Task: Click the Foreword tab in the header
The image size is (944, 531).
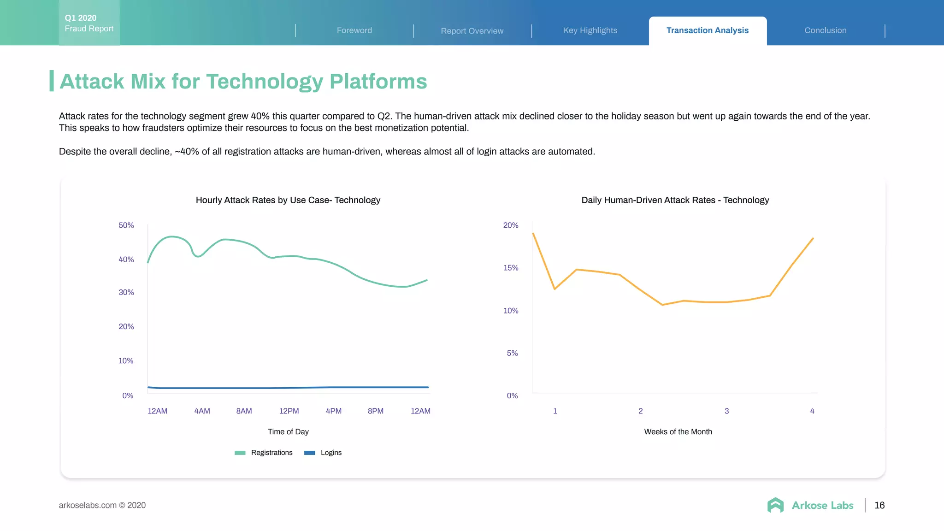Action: (x=354, y=30)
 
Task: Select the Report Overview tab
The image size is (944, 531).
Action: (x=472, y=31)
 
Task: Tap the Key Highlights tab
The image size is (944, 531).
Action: (x=590, y=30)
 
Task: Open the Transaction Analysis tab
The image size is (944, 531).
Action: (x=708, y=30)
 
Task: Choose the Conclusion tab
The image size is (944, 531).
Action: (x=826, y=30)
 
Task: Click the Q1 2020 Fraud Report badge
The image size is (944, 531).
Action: (x=89, y=23)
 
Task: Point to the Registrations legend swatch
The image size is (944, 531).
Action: (x=240, y=453)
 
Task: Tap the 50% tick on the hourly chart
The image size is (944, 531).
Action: (x=126, y=225)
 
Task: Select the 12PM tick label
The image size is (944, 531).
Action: (x=289, y=411)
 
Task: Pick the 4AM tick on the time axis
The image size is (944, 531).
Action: (x=202, y=411)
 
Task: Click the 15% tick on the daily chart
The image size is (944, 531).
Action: (x=511, y=268)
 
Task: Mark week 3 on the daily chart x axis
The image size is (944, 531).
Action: (x=726, y=411)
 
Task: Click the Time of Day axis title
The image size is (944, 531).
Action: (x=288, y=432)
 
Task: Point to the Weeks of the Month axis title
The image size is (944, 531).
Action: (x=678, y=432)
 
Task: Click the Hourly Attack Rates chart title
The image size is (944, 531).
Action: (x=288, y=200)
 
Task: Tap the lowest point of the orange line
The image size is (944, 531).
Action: (x=662, y=305)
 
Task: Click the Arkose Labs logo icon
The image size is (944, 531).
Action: (x=775, y=505)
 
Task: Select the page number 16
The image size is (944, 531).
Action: (x=879, y=505)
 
